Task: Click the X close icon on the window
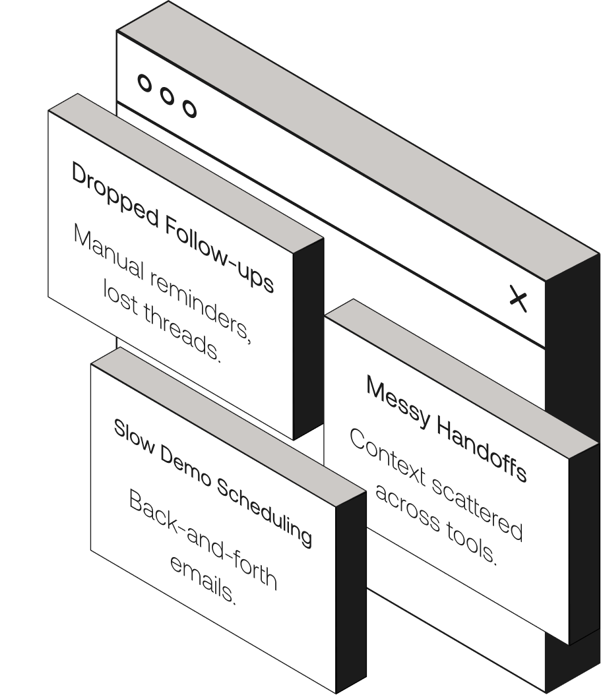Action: point(519,299)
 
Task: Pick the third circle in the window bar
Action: point(189,108)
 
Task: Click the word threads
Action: point(186,334)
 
